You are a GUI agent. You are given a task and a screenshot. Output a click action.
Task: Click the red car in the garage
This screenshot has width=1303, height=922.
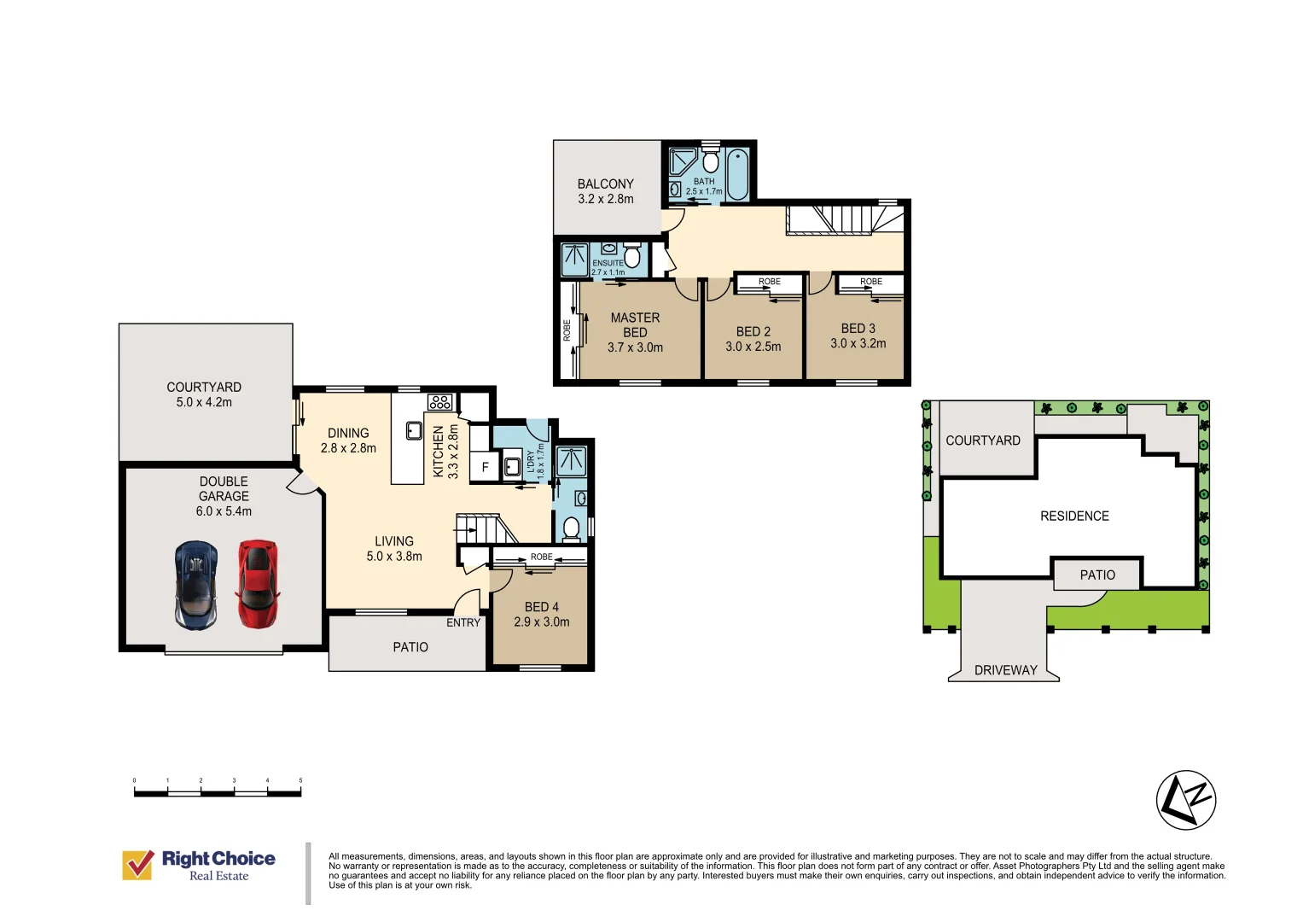coord(257,584)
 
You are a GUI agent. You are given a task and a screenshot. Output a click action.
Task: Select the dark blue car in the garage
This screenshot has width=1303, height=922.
coord(196,586)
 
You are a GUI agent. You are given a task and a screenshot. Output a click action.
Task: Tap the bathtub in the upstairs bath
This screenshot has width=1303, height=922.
coord(737,175)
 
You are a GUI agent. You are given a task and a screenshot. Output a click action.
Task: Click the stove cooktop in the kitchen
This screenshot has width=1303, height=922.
coord(439,401)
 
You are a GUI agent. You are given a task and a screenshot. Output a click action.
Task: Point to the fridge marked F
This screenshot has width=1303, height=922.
coord(486,467)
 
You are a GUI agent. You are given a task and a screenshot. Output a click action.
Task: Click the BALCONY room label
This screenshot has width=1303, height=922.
coord(606,184)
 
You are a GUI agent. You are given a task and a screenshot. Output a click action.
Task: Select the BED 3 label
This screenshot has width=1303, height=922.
coord(858,329)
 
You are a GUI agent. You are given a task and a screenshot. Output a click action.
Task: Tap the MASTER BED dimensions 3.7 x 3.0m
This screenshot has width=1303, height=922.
coord(635,347)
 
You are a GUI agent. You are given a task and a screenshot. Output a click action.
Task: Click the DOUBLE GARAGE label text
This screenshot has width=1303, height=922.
coord(224,489)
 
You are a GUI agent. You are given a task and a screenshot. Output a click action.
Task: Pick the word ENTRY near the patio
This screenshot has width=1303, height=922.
coord(463,623)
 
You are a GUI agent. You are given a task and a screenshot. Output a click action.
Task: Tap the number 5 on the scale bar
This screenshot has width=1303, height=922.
coord(300,780)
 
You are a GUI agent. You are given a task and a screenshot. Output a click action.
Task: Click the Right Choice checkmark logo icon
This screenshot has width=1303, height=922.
coord(138,865)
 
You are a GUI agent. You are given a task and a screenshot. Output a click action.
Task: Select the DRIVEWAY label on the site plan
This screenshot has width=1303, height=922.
coord(1006,670)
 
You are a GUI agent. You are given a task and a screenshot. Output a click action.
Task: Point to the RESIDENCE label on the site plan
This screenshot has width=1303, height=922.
coord(1074,516)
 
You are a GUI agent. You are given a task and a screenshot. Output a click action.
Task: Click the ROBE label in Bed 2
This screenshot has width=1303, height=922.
coord(769,282)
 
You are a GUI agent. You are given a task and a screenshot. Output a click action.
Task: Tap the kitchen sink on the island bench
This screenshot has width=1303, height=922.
coord(414,431)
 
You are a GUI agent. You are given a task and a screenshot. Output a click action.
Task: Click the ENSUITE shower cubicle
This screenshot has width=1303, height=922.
coord(575,260)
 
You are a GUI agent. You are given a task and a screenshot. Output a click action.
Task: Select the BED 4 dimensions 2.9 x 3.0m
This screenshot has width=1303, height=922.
coord(542,622)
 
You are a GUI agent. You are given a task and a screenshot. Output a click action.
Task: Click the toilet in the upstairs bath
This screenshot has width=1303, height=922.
coord(710,160)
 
